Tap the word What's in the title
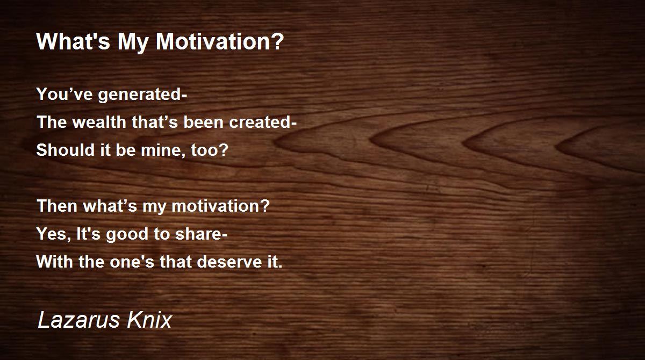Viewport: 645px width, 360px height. (x=74, y=42)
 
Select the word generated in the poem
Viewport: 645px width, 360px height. (x=140, y=95)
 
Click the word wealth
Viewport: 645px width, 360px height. (x=99, y=122)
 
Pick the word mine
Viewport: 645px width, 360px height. (x=163, y=150)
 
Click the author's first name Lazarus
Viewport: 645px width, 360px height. (x=78, y=320)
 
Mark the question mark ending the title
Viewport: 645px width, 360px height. (x=278, y=42)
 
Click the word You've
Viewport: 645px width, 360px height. (x=64, y=94)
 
